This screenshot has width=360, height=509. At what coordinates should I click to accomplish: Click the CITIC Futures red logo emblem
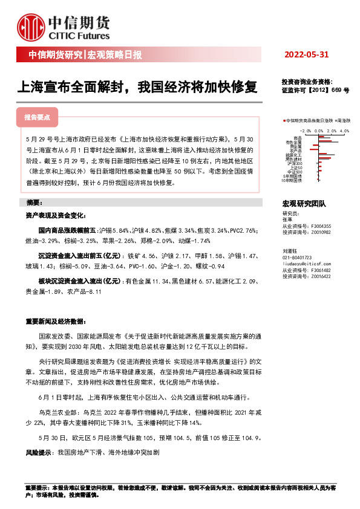(x=31, y=25)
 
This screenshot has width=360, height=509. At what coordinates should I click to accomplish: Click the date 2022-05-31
(x=306, y=55)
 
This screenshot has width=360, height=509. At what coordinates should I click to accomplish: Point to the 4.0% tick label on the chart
(x=344, y=130)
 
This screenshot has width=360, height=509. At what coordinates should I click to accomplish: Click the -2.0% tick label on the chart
(x=305, y=130)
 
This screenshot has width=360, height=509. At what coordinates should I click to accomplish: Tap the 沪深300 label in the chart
(x=296, y=163)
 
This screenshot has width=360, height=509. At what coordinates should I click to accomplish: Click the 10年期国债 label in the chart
(x=293, y=180)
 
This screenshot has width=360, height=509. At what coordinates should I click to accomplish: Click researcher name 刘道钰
(x=291, y=250)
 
